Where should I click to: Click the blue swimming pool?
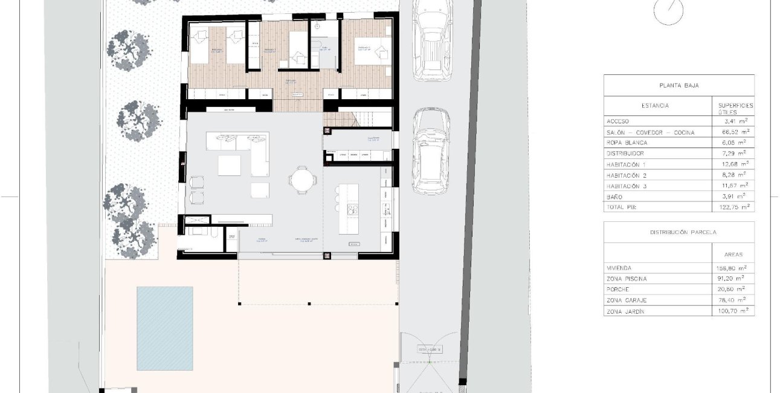tap(164, 328)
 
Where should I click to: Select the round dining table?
tap(302, 180)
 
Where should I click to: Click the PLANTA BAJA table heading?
tap(678, 86)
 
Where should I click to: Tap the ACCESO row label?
tap(617, 122)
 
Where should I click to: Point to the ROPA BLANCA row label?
tap(627, 143)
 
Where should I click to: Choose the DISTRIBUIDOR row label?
tap(627, 154)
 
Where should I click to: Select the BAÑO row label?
tap(614, 197)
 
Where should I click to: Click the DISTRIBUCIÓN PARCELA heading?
tap(678, 232)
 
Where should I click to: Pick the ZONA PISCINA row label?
tap(627, 279)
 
